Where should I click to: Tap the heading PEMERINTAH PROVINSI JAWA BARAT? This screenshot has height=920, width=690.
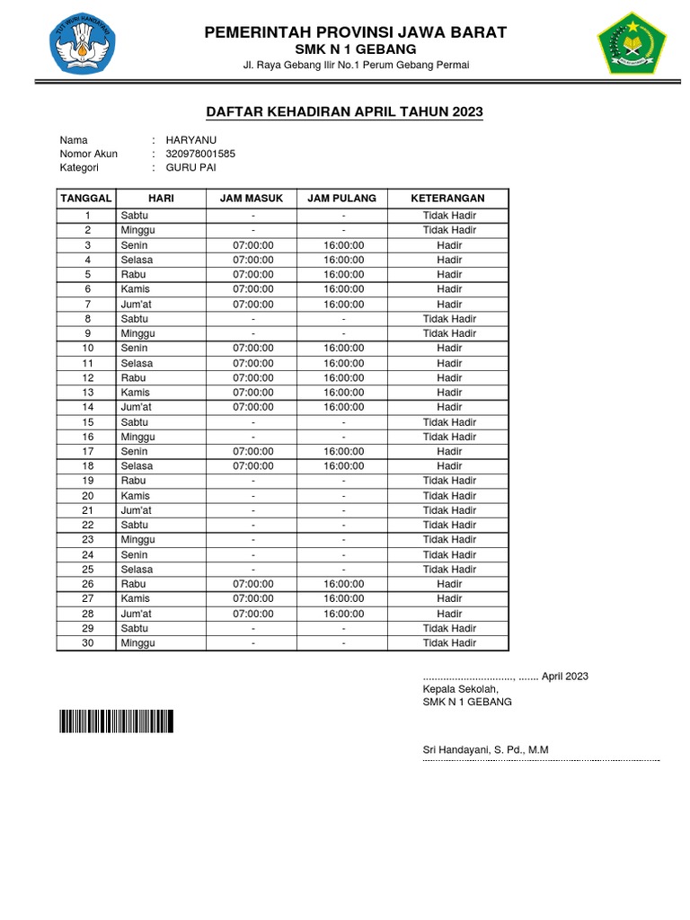point(356,32)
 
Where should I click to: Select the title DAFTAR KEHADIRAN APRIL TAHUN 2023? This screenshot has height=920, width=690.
point(345,111)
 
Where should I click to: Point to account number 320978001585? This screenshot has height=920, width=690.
point(194,154)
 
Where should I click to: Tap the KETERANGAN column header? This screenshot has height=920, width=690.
point(447,198)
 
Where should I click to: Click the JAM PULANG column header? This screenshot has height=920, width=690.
point(341,198)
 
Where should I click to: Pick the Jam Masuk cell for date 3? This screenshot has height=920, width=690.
point(253,245)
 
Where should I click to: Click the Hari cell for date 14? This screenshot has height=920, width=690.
point(137,407)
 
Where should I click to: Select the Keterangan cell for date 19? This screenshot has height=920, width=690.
point(449,481)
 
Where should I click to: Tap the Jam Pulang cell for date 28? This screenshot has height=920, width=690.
point(343,614)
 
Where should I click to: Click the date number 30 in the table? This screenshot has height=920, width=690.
point(88,643)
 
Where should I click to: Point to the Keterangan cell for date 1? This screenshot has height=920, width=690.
point(449,216)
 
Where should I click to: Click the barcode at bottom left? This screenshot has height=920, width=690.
point(116,721)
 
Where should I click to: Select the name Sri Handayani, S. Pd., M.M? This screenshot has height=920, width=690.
point(485,749)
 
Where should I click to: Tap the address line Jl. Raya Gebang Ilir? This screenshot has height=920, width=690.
point(356,65)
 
